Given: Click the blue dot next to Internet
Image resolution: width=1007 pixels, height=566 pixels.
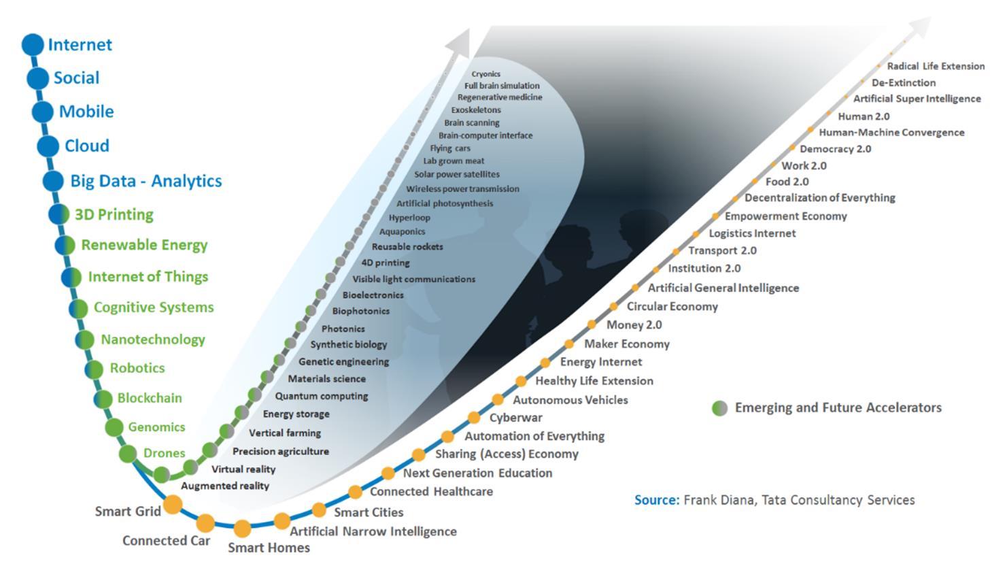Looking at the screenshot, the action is pos(32,45).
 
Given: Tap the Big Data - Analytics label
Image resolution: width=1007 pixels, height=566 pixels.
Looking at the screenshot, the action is pos(146,181).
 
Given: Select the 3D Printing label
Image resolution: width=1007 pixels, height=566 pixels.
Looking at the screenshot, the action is pos(114,214).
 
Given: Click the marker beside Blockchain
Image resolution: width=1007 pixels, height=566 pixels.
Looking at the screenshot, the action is pos(103,399).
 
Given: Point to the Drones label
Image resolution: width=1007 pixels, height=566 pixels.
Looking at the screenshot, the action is pos(164,453).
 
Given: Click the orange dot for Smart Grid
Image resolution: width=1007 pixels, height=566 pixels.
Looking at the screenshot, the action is pos(173,504).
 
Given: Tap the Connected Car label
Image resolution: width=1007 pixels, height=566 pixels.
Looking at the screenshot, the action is pos(166,541).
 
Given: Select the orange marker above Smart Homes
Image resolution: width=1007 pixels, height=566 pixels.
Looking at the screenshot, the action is pos(242,529).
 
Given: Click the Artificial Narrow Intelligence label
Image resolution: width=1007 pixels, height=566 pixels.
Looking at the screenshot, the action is pos(373,531).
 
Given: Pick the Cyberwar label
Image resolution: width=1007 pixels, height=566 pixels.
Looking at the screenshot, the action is pos(515,418).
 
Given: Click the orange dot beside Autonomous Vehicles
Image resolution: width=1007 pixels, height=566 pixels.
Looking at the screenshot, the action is pos(498,400).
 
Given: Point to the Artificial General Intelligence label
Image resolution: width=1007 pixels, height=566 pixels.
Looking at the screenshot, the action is pos(723,288).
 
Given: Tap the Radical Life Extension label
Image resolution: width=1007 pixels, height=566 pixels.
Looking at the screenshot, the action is pos(936,66).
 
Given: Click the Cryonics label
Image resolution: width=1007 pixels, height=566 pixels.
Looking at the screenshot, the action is pos(485,74).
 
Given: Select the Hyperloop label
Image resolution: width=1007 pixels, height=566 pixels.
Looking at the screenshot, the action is pos(409,218).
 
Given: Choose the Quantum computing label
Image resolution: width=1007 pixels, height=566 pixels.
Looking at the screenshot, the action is pos(321,396).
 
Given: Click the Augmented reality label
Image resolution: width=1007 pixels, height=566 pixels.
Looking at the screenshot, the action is pos(225,486).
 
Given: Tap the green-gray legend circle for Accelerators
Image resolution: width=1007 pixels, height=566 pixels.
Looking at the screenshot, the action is pos(719,408).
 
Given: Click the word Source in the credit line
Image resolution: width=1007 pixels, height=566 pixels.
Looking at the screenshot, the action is pos(656,500).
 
